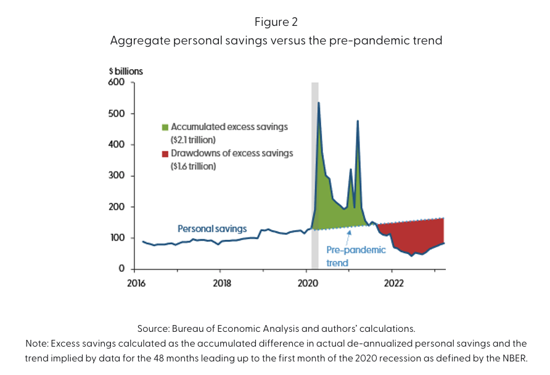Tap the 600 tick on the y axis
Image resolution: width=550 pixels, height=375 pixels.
(x=117, y=83)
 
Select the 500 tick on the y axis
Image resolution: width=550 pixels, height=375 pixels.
(x=117, y=114)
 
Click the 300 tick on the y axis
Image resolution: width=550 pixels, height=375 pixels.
(x=117, y=176)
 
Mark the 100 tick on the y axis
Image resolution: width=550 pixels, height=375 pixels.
(x=117, y=238)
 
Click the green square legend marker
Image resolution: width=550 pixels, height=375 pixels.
(x=165, y=127)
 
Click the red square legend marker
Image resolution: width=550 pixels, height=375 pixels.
(x=165, y=154)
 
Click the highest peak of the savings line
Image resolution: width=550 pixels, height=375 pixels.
(x=318, y=102)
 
